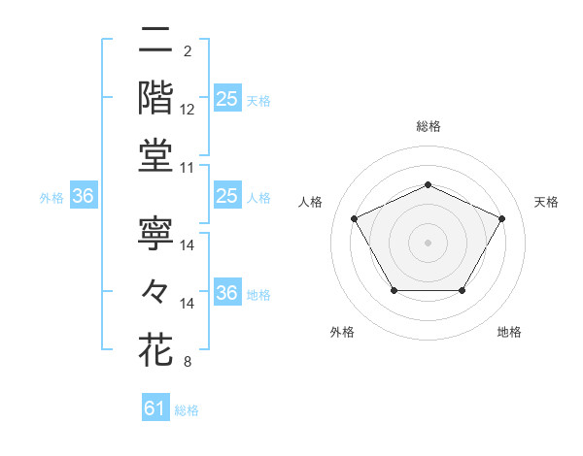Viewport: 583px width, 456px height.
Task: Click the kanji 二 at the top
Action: click(x=155, y=42)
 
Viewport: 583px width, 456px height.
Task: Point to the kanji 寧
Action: click(x=155, y=233)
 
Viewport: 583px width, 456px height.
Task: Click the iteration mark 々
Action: click(x=155, y=290)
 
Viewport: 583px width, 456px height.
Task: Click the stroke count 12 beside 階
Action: click(x=188, y=110)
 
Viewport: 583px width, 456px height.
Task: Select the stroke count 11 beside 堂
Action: click(x=187, y=168)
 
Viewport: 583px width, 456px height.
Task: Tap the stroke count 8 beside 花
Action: click(x=188, y=363)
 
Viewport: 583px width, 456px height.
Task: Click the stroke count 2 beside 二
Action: click(x=188, y=51)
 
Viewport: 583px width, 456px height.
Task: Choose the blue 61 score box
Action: click(x=155, y=408)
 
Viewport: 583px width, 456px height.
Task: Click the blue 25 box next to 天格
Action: click(x=226, y=98)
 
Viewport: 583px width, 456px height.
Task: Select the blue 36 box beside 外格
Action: click(x=83, y=196)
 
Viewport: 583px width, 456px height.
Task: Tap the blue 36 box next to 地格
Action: click(x=226, y=293)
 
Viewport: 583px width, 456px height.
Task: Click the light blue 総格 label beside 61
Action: click(x=187, y=410)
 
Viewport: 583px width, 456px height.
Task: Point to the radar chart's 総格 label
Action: click(x=428, y=126)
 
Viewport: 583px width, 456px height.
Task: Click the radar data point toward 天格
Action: click(x=501, y=218)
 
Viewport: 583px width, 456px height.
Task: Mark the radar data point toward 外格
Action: click(x=393, y=290)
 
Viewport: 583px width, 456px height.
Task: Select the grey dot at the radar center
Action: click(x=428, y=242)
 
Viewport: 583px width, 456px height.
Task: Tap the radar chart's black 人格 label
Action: click(x=311, y=202)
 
